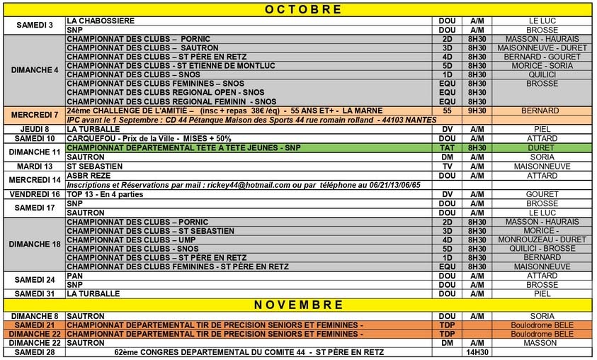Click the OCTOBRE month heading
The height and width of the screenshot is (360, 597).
pyautogui.click(x=297, y=10)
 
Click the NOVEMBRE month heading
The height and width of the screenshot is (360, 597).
pyautogui.click(x=297, y=305)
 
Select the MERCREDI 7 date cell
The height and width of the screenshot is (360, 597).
pyautogui.click(x=35, y=115)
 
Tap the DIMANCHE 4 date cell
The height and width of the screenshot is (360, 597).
pyautogui.click(x=35, y=69)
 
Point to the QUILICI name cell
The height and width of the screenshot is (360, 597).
pyautogui.click(x=542, y=74)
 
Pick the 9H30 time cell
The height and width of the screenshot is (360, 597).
pyautogui.click(x=477, y=111)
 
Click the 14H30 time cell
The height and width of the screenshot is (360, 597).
pyautogui.click(x=477, y=351)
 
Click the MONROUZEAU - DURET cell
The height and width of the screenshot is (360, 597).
pyautogui.click(x=542, y=240)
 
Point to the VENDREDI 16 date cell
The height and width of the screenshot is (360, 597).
pyautogui.click(x=35, y=193)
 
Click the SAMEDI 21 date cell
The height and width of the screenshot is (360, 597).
pyautogui.click(x=35, y=324)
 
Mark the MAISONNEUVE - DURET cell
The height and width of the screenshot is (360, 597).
pyautogui.click(x=542, y=47)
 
